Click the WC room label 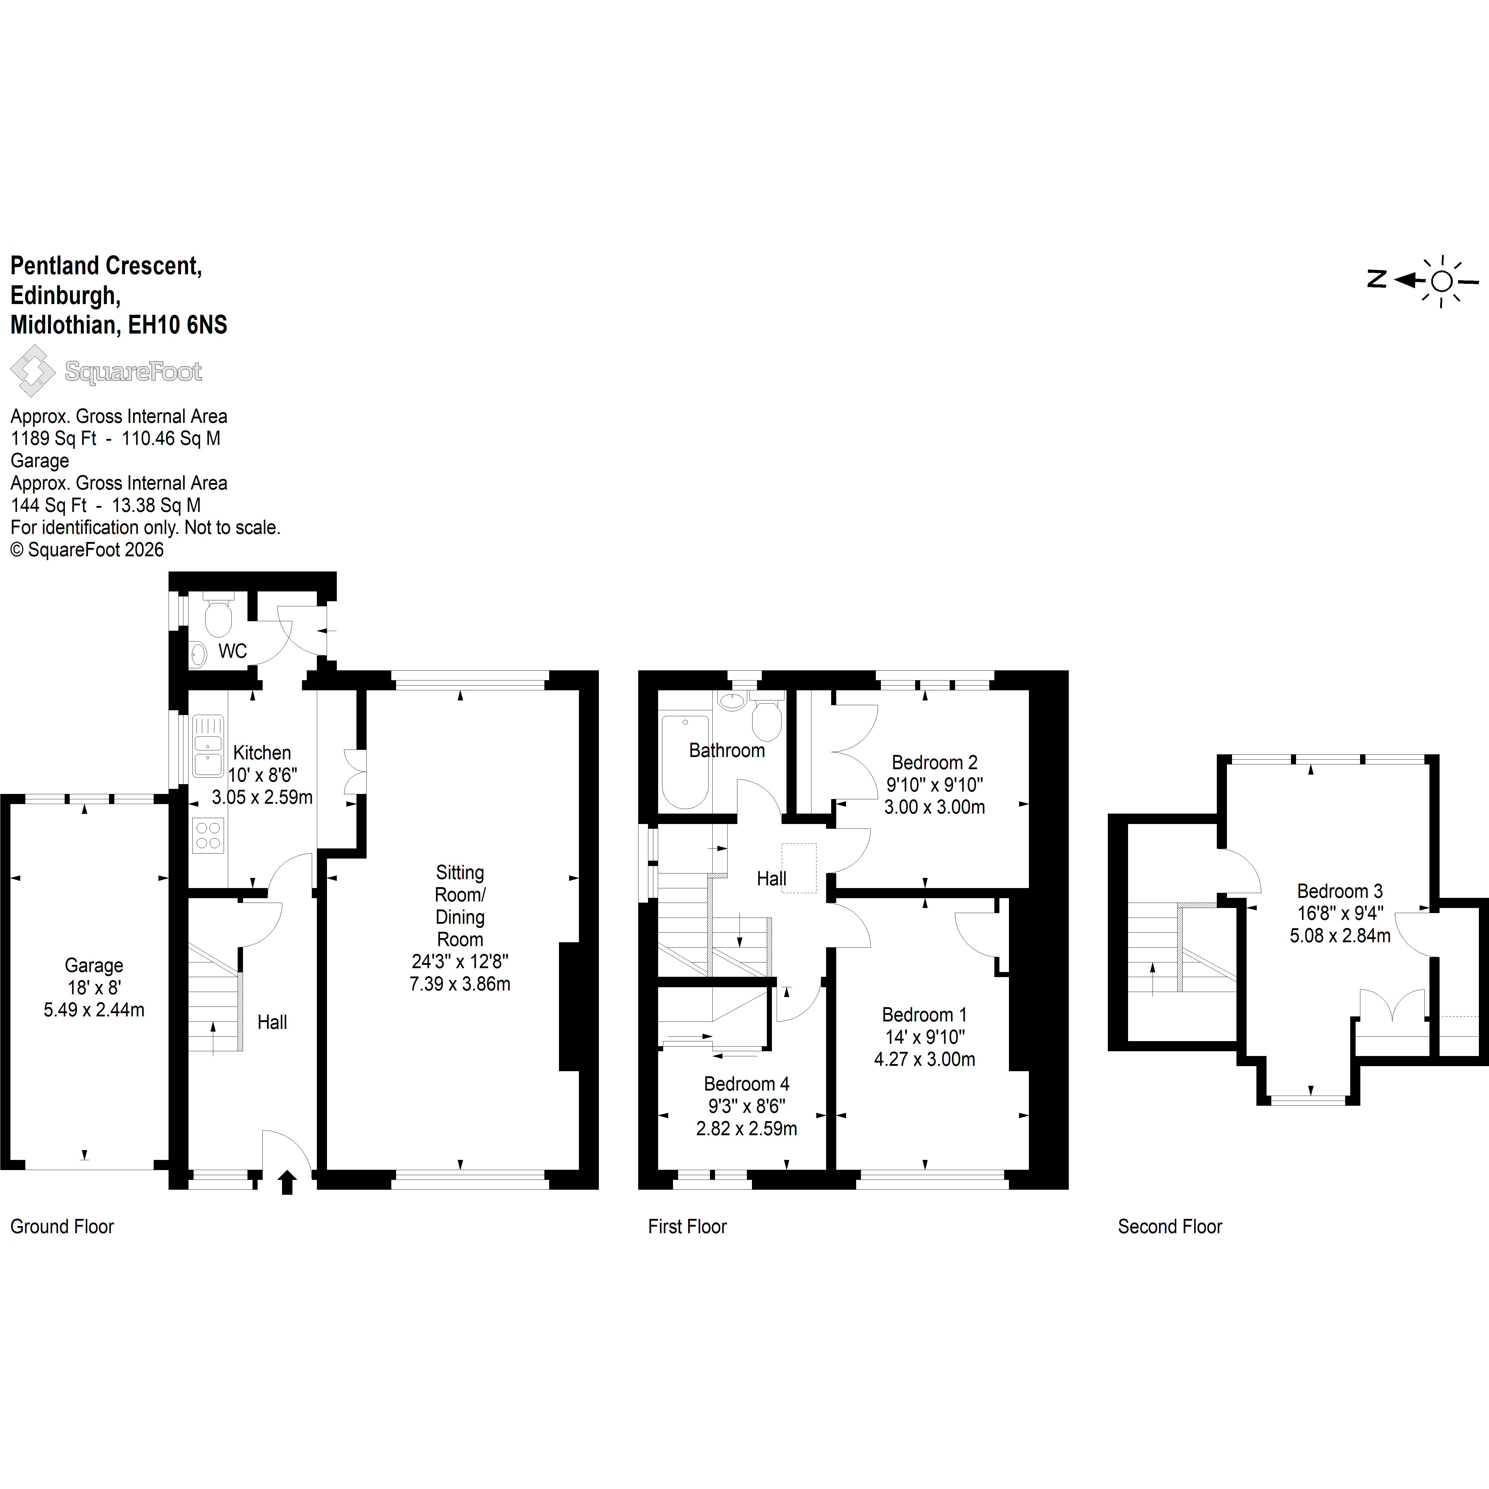[x=232, y=651]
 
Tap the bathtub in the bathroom [x=685, y=761]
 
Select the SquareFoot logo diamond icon [x=32, y=371]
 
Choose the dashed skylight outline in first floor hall [x=799, y=868]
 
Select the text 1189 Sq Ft [x=54, y=439]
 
